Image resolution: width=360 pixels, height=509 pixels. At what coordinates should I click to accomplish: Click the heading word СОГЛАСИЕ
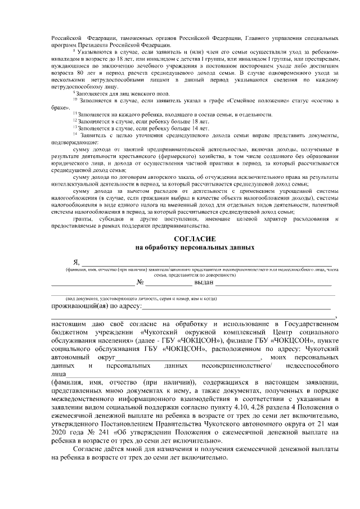pyautogui.click(x=195, y=238)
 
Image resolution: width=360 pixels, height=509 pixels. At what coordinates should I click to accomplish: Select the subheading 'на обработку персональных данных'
pyautogui.click(x=195, y=247)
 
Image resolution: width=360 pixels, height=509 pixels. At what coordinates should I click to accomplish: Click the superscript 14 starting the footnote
pyautogui.click(x=75, y=133)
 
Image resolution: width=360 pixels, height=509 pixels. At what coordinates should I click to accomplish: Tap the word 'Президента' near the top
pyautogui.click(x=107, y=44)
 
